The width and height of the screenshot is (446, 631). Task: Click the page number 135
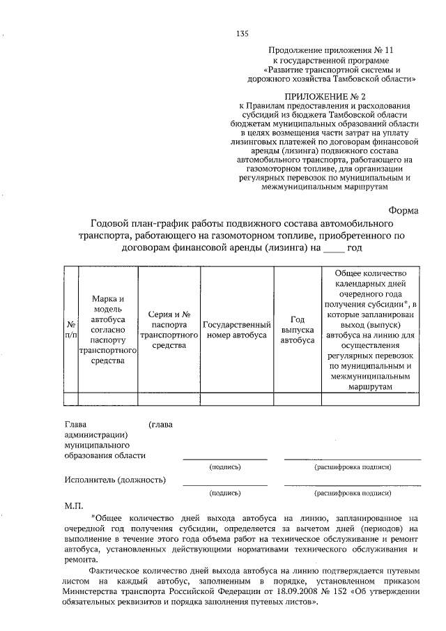(243, 33)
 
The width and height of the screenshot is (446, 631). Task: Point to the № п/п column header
(70, 329)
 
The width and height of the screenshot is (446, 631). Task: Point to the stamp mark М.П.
(74, 503)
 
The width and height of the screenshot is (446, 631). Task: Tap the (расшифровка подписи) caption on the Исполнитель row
(351, 492)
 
